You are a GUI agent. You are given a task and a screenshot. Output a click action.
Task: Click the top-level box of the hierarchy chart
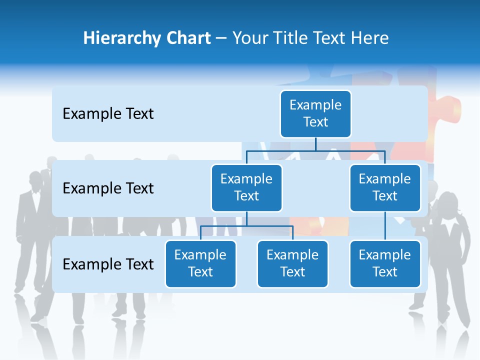click(315, 113)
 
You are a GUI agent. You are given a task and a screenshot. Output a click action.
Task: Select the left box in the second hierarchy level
click(246, 187)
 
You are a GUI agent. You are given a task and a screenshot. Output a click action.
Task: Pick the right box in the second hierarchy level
click(385, 187)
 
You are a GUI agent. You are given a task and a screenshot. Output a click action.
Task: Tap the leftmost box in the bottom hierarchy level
click(200, 263)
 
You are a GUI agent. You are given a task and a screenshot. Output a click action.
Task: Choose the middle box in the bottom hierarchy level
click(292, 263)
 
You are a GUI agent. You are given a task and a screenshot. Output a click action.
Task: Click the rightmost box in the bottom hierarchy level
click(385, 263)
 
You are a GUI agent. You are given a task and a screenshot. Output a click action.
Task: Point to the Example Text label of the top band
click(108, 114)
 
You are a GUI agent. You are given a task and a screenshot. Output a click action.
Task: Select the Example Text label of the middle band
click(108, 188)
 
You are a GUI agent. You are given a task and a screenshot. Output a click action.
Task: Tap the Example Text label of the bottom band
click(108, 264)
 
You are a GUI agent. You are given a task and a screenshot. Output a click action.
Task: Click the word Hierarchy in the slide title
click(121, 38)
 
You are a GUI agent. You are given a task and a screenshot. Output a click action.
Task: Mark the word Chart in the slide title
click(187, 38)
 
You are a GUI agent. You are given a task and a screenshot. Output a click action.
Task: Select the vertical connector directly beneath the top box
click(315, 144)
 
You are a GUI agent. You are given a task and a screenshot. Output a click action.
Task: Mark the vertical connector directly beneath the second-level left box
click(246, 218)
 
